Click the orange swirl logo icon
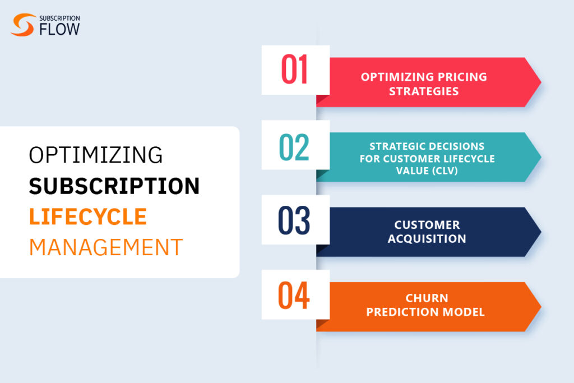pos(23,25)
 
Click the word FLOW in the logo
pos(59,30)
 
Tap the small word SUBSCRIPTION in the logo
pos(60,17)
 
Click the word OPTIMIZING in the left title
pos(96,155)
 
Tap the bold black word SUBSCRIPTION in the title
pos(114,186)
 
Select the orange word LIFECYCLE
pos(88,216)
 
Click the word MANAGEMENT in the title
pos(106,247)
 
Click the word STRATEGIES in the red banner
pos(424,91)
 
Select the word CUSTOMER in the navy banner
pos(427,225)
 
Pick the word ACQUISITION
pos(427,239)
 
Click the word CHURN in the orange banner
pos(427,298)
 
